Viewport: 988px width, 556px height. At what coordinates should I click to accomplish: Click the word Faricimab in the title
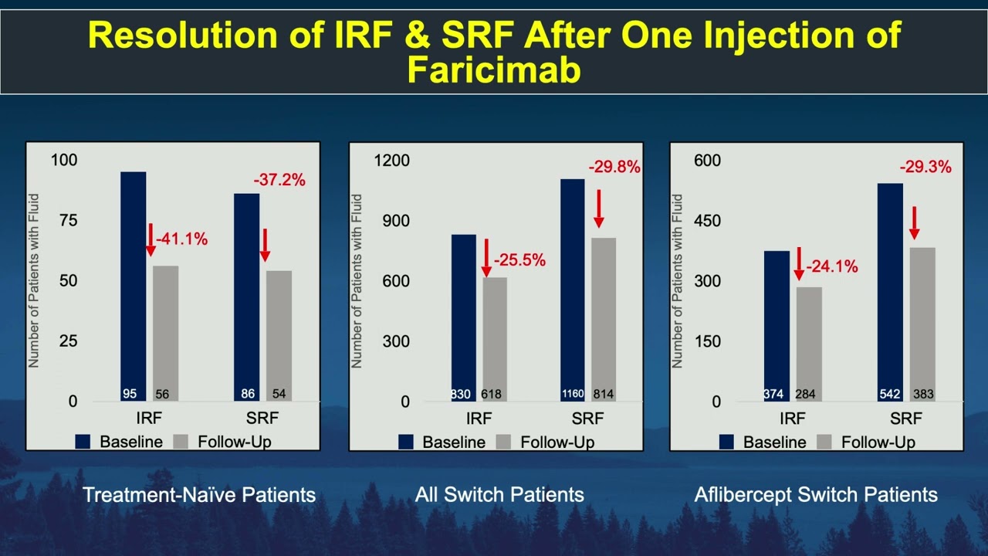pyautogui.click(x=493, y=70)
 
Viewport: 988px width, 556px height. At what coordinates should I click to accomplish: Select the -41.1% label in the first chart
pyautogui.click(x=182, y=239)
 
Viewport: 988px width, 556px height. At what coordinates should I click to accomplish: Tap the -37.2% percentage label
pyautogui.click(x=279, y=180)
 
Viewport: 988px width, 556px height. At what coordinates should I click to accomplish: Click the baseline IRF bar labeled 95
pyautogui.click(x=133, y=286)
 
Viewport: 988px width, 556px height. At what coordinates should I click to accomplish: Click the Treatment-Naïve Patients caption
pyautogui.click(x=199, y=494)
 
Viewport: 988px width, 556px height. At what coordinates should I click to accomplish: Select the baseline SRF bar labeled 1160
pyautogui.click(x=573, y=290)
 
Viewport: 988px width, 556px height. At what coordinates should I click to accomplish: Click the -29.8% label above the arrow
pyautogui.click(x=614, y=167)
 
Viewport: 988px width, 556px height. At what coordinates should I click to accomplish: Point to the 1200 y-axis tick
pyautogui.click(x=393, y=161)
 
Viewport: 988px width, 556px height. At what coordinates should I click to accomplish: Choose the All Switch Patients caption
pyautogui.click(x=499, y=494)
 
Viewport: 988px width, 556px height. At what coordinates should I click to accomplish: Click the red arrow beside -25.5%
pyautogui.click(x=486, y=258)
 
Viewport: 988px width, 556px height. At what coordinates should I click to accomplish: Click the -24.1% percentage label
pyautogui.click(x=832, y=267)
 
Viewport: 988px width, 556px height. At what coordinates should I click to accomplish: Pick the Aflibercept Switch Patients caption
pyautogui.click(x=816, y=494)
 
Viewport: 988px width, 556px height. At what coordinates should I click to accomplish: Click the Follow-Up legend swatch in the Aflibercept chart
pyautogui.click(x=823, y=442)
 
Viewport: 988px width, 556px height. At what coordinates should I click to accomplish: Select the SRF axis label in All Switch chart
pyautogui.click(x=587, y=419)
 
